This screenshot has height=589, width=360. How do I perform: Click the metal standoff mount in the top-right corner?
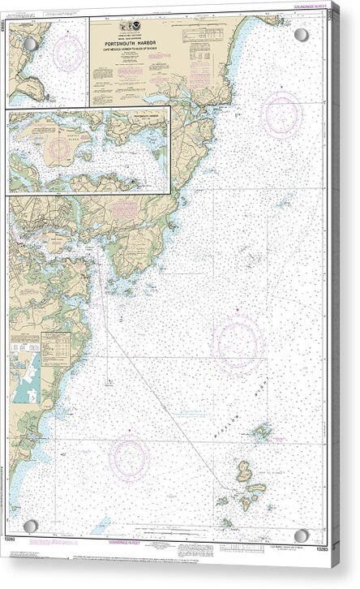click(x=302, y=35)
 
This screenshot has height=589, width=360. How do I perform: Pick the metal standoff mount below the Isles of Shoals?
click(x=302, y=536)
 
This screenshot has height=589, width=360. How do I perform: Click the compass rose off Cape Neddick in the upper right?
click(x=281, y=114)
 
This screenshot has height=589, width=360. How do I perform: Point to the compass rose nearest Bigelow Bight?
click(x=236, y=344)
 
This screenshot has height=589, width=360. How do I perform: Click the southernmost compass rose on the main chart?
click(x=130, y=457)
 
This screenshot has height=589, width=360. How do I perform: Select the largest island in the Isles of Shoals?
click(x=246, y=471)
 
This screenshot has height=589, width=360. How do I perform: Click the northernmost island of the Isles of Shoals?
click(x=262, y=433)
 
